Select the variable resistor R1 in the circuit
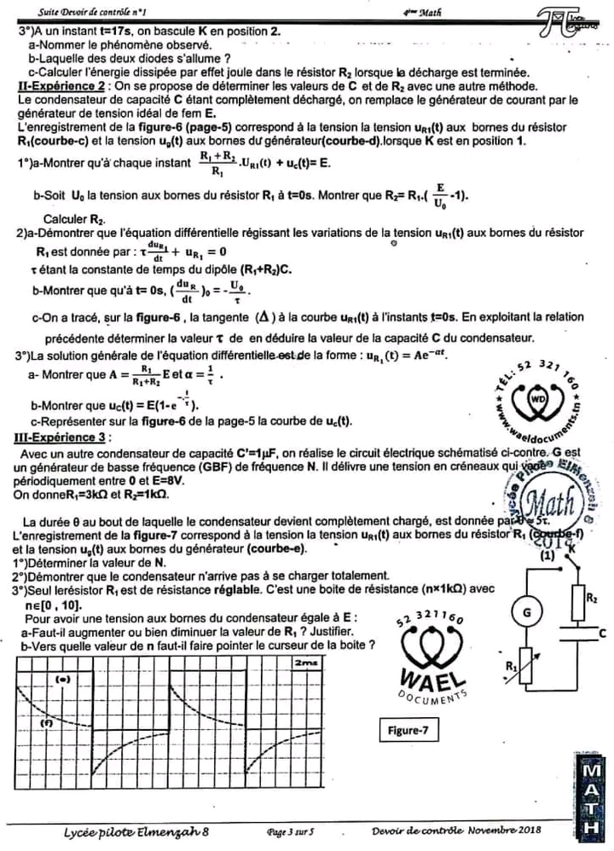525,665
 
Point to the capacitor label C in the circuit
602,633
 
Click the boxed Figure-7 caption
412,730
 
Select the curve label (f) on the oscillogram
46,722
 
